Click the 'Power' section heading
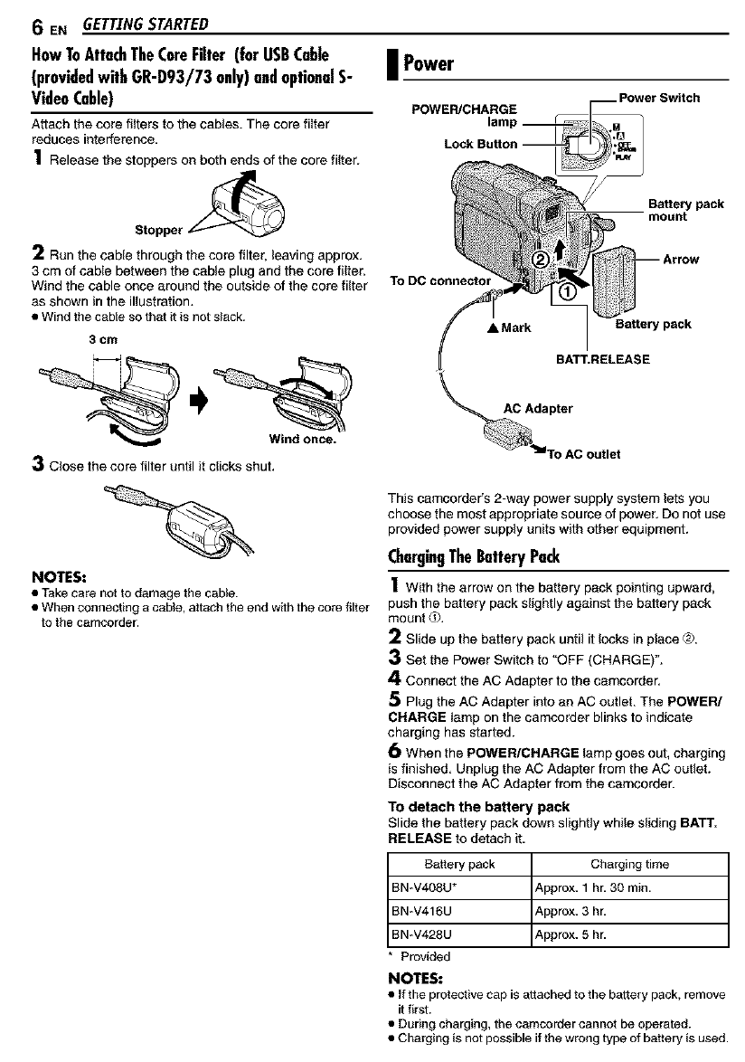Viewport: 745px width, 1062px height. (428, 64)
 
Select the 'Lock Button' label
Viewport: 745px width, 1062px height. (481, 144)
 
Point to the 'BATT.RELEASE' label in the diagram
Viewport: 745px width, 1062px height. (602, 359)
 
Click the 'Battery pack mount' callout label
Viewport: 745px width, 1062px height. (685, 211)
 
